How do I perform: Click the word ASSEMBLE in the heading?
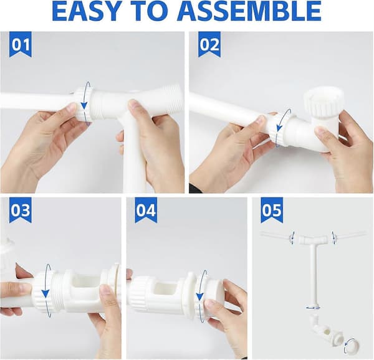point(249,11)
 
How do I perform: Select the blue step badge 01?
point(21,45)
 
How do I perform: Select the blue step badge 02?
point(209,45)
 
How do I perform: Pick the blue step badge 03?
point(21,210)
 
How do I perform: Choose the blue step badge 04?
point(146,210)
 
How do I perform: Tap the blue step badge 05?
point(272,210)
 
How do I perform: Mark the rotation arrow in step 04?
point(199,296)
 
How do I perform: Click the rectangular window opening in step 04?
point(165,289)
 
